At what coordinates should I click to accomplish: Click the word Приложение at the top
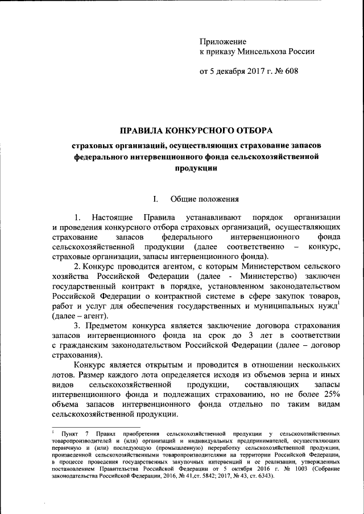coord(222,41)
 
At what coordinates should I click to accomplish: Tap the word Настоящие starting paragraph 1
coord(111,218)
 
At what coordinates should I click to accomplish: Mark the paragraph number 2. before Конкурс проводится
coord(77,266)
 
